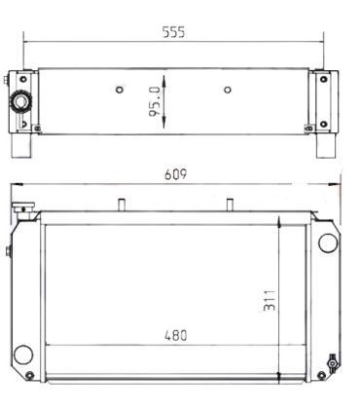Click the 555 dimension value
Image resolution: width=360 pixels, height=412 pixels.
tap(173, 31)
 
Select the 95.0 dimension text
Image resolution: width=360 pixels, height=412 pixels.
tap(155, 100)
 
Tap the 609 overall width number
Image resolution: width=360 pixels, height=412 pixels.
tap(175, 174)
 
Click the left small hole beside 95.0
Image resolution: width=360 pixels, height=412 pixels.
tap(119, 91)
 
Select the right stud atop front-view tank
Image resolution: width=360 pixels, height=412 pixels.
tap(230, 205)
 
